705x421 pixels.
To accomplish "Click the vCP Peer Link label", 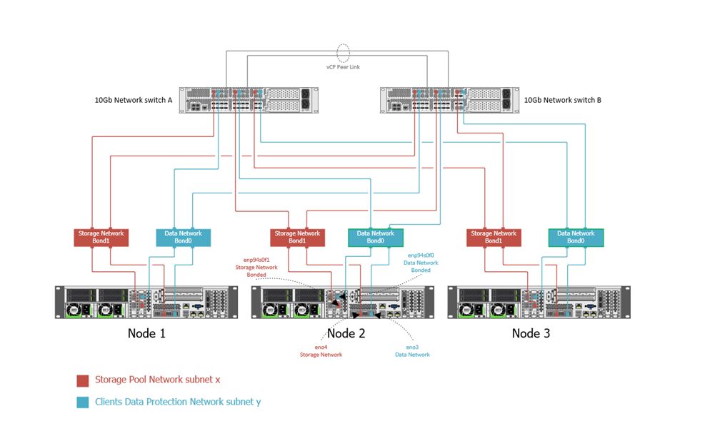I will tap(344, 66).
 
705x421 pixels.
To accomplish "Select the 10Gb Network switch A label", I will tap(134, 100).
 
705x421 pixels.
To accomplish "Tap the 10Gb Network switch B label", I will tap(562, 100).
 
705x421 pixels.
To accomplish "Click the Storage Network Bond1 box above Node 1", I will tap(101, 238).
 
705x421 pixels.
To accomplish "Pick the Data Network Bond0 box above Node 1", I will tap(184, 238).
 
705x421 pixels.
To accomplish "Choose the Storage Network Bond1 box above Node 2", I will tap(297, 238).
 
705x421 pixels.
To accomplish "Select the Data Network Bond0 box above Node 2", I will tap(376, 238).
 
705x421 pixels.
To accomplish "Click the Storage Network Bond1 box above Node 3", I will tap(494, 238).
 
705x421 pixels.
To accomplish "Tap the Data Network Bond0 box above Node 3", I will tap(576, 238).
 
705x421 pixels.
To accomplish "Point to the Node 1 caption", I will tap(146, 333).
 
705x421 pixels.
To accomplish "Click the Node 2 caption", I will tap(346, 333).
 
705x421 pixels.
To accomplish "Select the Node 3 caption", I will tap(531, 333).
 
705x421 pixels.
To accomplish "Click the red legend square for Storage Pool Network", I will tap(82, 380).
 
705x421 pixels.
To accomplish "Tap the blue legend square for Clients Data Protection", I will tap(82, 402).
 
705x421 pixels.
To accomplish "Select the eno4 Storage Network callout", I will tap(321, 350).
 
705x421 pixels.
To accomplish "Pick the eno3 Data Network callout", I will tap(412, 350).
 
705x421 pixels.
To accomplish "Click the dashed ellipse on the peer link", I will tap(344, 52).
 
